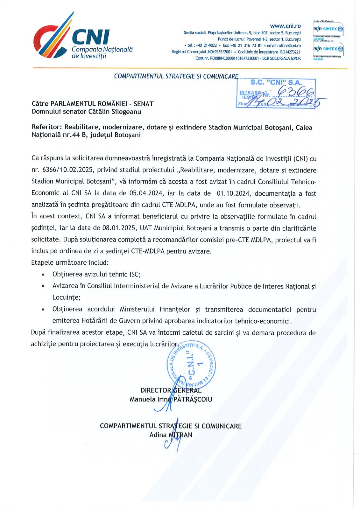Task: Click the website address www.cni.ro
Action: pyautogui.click(x=285, y=26)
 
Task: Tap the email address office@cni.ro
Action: pyautogui.click(x=290, y=45)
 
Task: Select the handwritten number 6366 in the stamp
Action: pyautogui.click(x=296, y=92)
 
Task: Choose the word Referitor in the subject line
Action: pyautogui.click(x=46, y=127)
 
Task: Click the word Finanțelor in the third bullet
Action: pyautogui.click(x=175, y=309)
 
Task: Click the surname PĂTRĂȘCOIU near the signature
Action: pyautogui.click(x=193, y=399)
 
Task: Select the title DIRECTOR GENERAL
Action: pyautogui.click(x=171, y=390)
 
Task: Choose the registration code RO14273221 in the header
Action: pyautogui.click(x=290, y=52)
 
